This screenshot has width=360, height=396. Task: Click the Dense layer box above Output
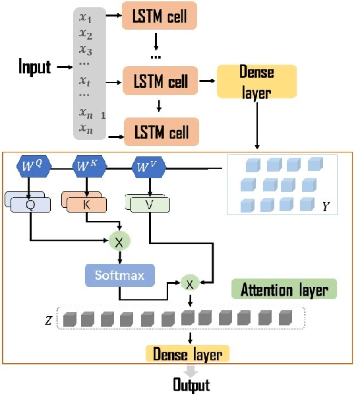[187, 354]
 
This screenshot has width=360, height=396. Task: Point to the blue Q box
[30, 205]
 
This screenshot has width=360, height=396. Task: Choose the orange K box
[86, 205]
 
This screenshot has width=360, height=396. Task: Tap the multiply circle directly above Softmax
[119, 241]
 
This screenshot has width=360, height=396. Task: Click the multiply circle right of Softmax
[190, 283]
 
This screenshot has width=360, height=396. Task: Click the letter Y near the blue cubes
[326, 207]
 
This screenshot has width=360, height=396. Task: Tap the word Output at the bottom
[191, 385]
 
